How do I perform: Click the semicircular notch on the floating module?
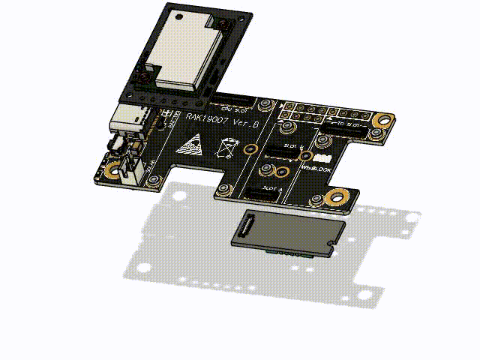(x=331, y=243)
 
